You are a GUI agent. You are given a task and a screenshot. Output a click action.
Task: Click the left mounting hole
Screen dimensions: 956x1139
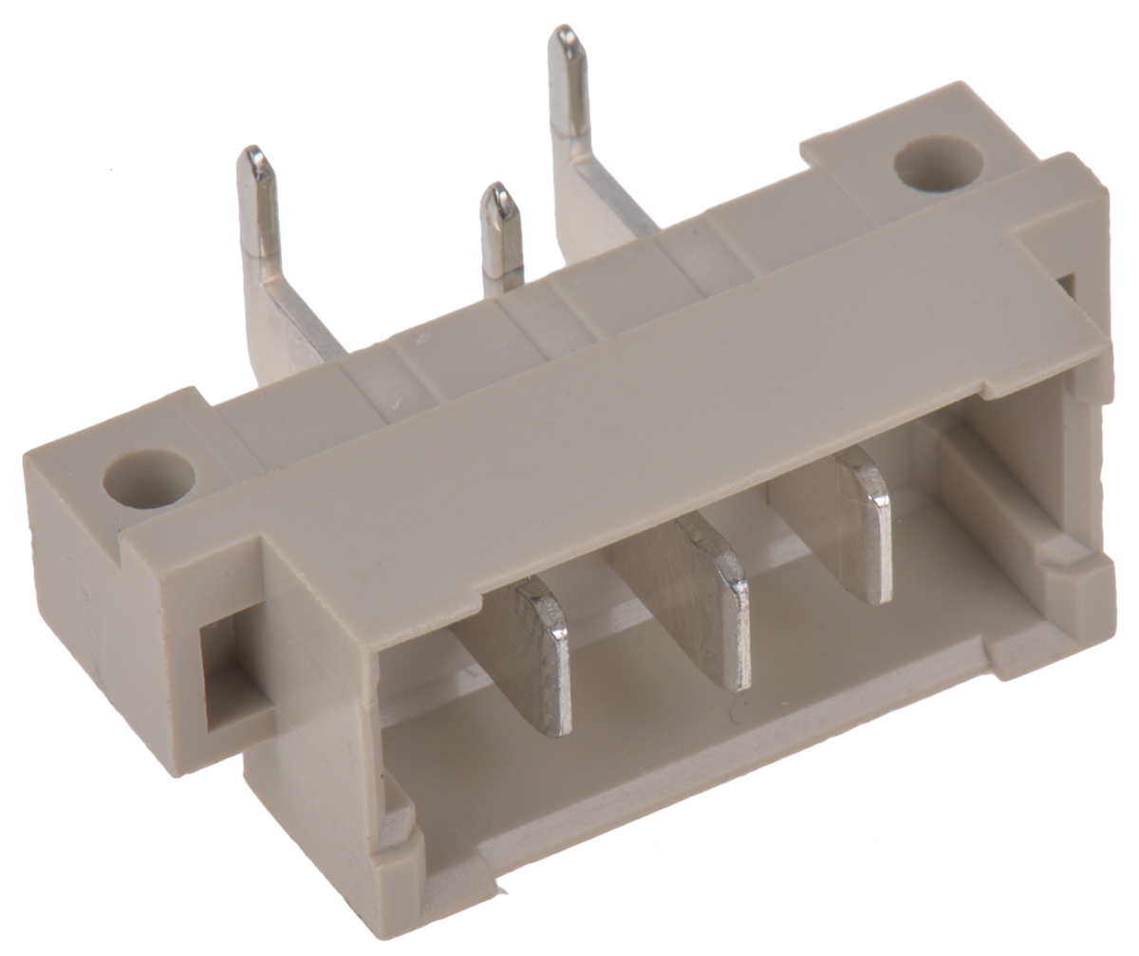(149, 478)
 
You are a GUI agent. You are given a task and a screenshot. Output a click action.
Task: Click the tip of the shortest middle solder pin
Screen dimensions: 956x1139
(499, 195)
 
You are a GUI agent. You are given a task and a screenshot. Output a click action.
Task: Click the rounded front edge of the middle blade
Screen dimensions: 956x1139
(736, 622)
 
